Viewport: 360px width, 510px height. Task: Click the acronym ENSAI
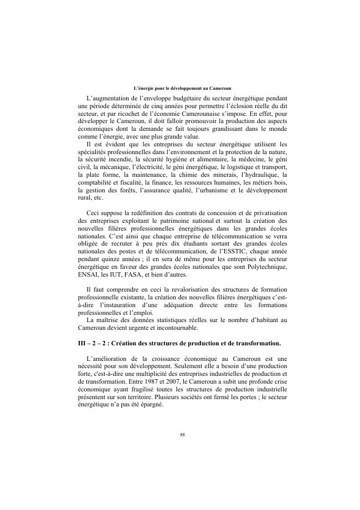pos(88,274)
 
